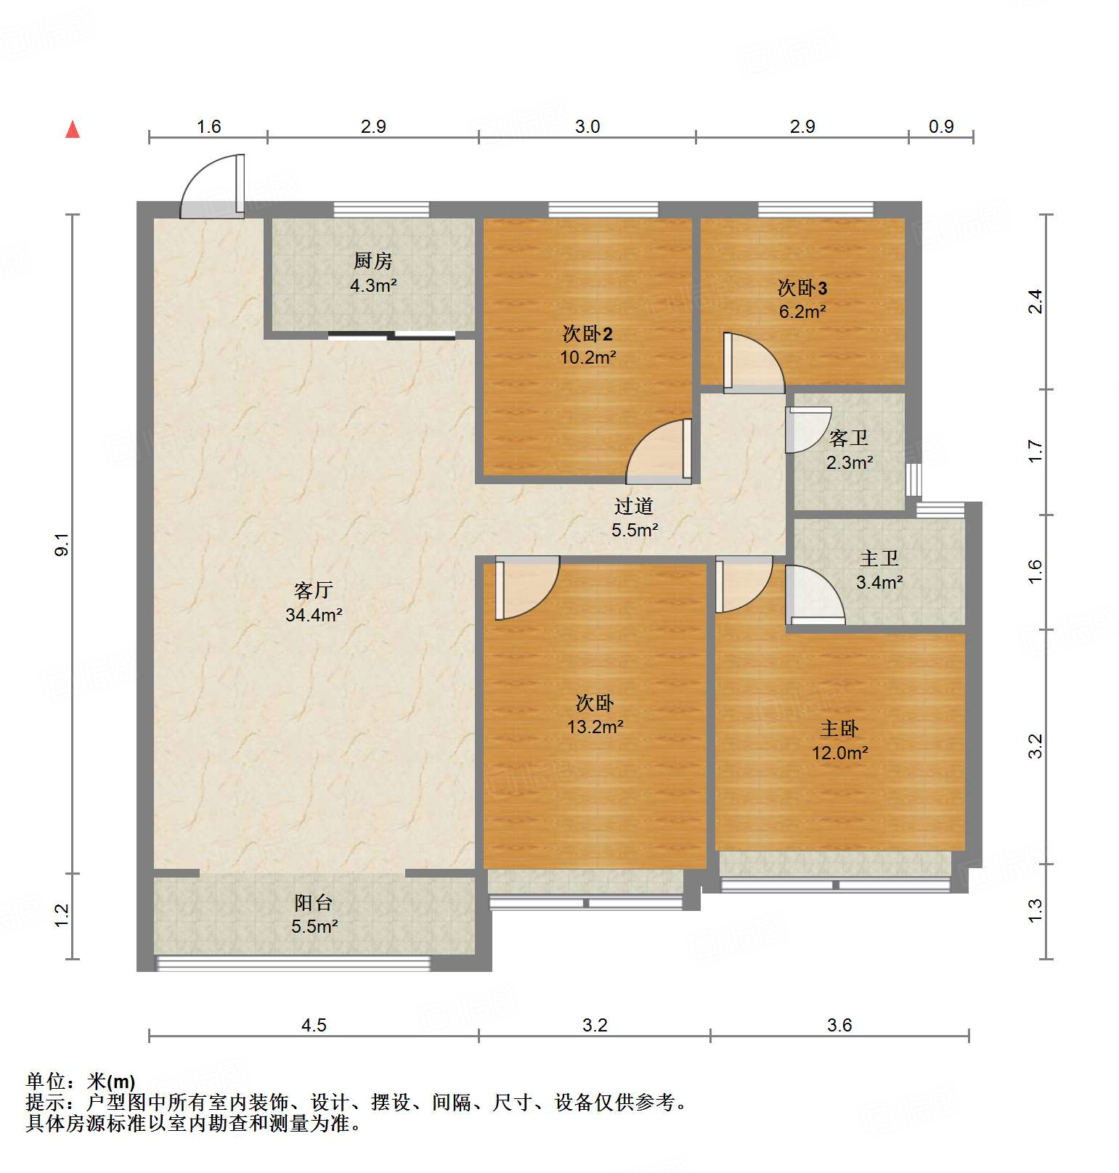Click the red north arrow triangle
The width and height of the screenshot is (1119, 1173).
pyautogui.click(x=73, y=130)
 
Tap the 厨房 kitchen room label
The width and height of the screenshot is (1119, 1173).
pyautogui.click(x=373, y=261)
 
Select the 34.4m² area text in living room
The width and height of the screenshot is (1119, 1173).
pyautogui.click(x=314, y=615)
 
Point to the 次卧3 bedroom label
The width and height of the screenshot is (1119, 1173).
pyautogui.click(x=802, y=288)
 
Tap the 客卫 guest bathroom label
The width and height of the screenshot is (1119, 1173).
pyautogui.click(x=849, y=438)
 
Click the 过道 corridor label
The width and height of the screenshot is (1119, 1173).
pyautogui.click(x=634, y=506)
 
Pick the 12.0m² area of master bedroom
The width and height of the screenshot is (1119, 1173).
pyautogui.click(x=839, y=753)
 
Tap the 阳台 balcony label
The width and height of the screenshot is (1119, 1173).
pyautogui.click(x=314, y=902)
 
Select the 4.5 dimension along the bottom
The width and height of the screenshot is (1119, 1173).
pyautogui.click(x=314, y=1025)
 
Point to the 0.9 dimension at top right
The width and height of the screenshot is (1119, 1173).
pyautogui.click(x=941, y=127)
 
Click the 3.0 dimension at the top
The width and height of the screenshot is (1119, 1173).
pyautogui.click(x=587, y=127)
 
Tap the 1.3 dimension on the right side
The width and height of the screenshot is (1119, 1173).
pyautogui.click(x=1035, y=911)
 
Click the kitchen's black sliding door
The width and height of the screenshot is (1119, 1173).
pyautogui.click(x=392, y=335)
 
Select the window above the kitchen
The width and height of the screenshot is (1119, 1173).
pyautogui.click(x=381, y=210)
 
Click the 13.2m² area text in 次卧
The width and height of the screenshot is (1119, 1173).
pyautogui.click(x=595, y=727)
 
